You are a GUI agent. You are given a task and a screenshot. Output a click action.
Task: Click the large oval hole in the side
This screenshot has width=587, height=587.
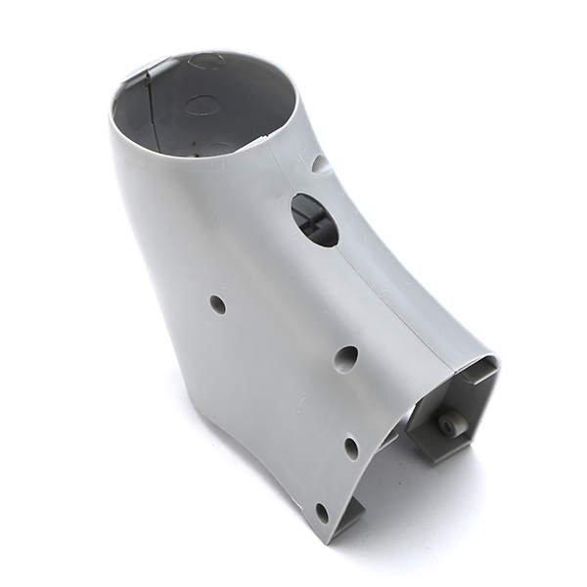coord(314,219)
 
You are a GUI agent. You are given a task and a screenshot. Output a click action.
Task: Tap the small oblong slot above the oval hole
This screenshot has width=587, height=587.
coord(320,163)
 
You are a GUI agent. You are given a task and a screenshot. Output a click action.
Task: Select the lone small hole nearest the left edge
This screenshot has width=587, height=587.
coord(217,304)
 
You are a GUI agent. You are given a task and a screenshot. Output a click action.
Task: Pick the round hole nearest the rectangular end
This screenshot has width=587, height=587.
coord(345,358)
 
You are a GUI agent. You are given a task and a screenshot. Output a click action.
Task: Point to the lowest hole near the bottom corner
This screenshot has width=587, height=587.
coord(322,512)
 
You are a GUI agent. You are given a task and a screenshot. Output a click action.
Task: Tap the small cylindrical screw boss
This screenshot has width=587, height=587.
coord(451,426)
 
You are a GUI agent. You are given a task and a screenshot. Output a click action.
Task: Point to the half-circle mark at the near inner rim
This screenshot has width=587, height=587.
coord(217,148)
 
